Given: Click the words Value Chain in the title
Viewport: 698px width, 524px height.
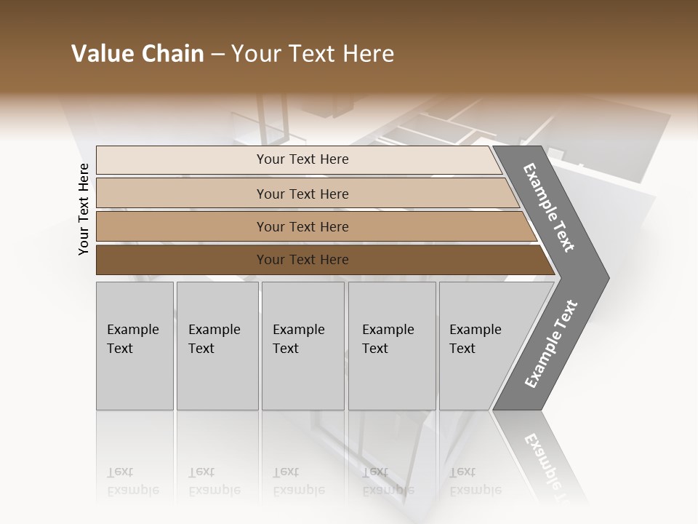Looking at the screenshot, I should point(137,54).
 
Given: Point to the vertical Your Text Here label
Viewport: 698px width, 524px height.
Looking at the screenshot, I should point(84,210).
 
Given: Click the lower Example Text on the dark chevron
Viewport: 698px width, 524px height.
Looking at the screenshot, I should point(551,344).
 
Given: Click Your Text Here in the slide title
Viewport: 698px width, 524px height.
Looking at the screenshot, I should point(313,54).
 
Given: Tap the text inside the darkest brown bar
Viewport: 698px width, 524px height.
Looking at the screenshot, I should point(302,260).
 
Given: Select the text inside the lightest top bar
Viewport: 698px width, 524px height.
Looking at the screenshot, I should point(302,159).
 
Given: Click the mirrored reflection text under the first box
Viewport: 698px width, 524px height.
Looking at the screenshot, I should point(132,481).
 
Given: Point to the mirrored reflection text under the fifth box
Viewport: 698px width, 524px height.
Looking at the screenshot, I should point(475,481).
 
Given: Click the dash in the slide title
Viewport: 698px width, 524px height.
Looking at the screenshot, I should point(217,55).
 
